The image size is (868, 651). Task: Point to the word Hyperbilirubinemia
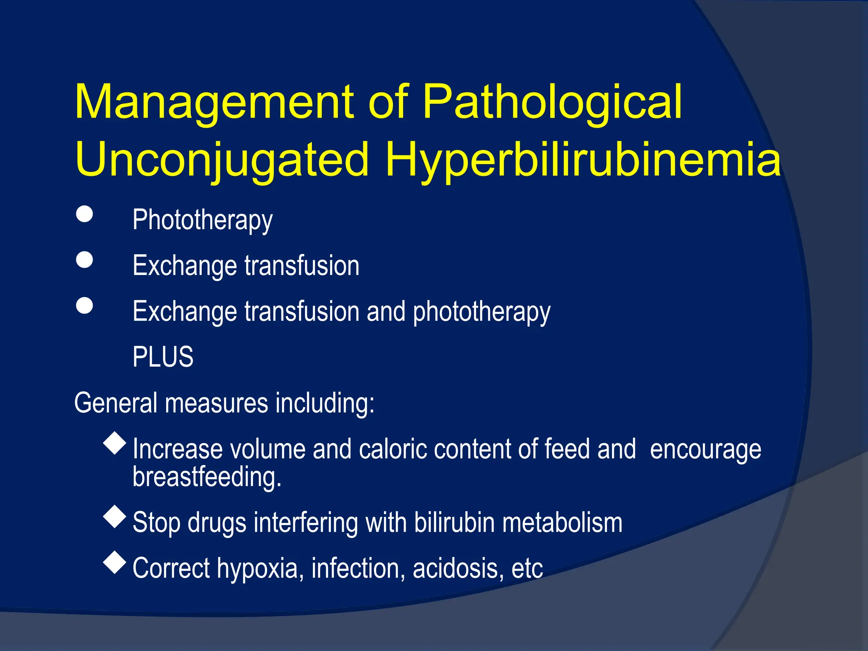(x=583, y=160)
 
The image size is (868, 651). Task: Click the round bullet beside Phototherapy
(x=84, y=214)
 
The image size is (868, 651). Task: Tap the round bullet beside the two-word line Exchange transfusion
(x=84, y=259)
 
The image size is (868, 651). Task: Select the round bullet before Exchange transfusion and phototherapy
(x=84, y=305)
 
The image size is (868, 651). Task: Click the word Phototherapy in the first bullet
(x=203, y=220)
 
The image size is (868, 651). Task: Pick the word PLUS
(x=163, y=357)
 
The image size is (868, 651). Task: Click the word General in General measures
(x=116, y=403)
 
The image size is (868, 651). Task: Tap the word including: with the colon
(x=325, y=403)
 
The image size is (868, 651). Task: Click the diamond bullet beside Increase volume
(x=115, y=443)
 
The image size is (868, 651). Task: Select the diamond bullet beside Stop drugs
(x=115, y=516)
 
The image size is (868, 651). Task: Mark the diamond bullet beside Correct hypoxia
(x=115, y=562)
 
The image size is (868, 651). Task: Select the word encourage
(x=705, y=449)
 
